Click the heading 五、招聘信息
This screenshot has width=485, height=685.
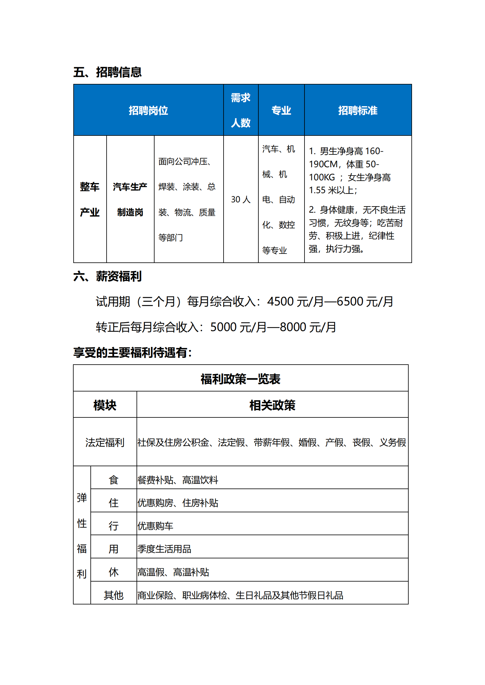[107, 72]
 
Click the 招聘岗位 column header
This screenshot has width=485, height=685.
[148, 110]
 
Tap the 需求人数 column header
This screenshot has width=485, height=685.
[241, 110]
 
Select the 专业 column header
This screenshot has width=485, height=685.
[281, 110]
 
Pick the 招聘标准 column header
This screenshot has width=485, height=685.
[358, 110]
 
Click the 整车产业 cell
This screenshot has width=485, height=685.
[90, 199]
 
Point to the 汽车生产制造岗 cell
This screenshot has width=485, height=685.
[130, 199]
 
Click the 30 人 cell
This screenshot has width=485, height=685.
[241, 200]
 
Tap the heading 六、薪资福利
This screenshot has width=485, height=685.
[107, 276]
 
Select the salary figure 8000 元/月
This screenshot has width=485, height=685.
[308, 327]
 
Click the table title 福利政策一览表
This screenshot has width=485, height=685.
[240, 379]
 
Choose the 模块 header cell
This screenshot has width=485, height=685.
[105, 405]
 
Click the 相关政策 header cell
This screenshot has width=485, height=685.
[272, 405]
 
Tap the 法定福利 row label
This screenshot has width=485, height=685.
[105, 442]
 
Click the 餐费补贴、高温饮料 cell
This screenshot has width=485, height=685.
[178, 480]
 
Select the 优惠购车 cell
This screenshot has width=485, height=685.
[155, 526]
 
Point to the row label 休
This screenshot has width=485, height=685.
[113, 572]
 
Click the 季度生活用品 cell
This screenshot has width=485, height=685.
[164, 549]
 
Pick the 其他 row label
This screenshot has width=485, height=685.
[113, 595]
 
